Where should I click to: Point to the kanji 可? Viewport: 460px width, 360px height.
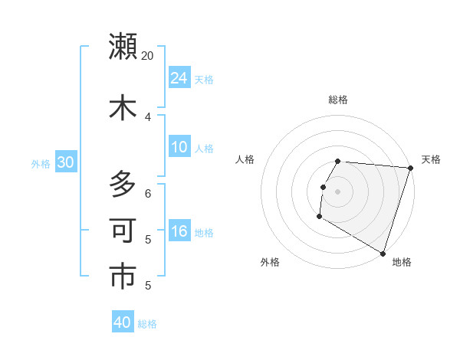(123, 231)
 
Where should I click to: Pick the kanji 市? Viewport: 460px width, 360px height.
(123, 277)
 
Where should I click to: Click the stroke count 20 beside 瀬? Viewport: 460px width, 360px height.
(147, 56)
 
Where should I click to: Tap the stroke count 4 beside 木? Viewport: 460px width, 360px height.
(147, 116)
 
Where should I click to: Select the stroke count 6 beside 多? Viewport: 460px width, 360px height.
(147, 194)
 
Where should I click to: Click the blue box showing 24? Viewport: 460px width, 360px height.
(179, 78)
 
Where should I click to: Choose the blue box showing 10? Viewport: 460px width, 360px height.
(179, 147)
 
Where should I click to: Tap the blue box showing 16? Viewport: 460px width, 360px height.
(179, 232)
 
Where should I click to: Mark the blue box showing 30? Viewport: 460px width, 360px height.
(65, 162)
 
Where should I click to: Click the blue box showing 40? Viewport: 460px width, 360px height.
(123, 323)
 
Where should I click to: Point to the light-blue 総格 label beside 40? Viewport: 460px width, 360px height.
(148, 324)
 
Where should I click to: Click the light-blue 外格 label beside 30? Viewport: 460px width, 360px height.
(41, 163)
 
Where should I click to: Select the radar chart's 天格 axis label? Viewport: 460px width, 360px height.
(431, 159)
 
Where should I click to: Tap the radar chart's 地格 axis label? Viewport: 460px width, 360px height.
(402, 262)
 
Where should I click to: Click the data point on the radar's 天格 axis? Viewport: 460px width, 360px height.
(410, 168)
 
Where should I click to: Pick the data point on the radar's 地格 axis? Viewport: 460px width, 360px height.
(383, 253)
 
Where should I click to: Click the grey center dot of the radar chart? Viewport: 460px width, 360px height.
(337, 191)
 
